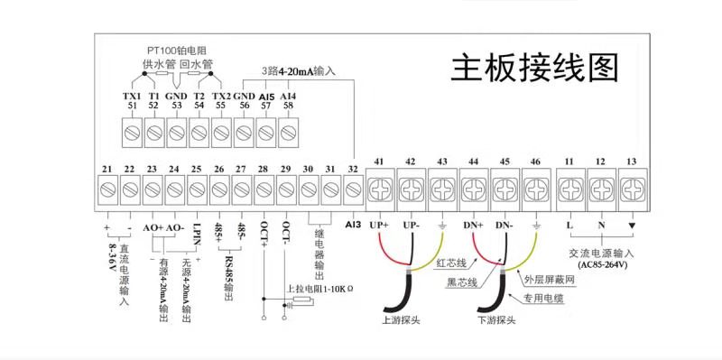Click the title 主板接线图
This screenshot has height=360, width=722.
(534, 69)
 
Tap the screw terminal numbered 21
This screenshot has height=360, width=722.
(107, 189)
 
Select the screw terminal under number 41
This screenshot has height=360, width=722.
(380, 189)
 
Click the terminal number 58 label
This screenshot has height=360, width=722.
(289, 106)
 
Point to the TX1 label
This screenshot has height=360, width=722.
(131, 97)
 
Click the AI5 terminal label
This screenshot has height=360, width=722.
(266, 97)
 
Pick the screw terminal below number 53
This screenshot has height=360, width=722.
(177, 133)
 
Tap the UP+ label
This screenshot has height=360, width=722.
(379, 226)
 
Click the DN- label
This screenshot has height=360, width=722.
(504, 226)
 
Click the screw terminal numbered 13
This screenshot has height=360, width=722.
(633, 189)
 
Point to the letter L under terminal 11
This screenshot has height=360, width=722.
(570, 226)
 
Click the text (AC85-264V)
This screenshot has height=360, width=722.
(601, 264)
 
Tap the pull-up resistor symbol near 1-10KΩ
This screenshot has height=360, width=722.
(303, 301)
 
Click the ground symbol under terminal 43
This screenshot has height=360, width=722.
(442, 226)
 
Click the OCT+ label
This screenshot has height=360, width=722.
(264, 233)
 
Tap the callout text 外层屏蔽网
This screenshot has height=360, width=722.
(544, 279)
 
